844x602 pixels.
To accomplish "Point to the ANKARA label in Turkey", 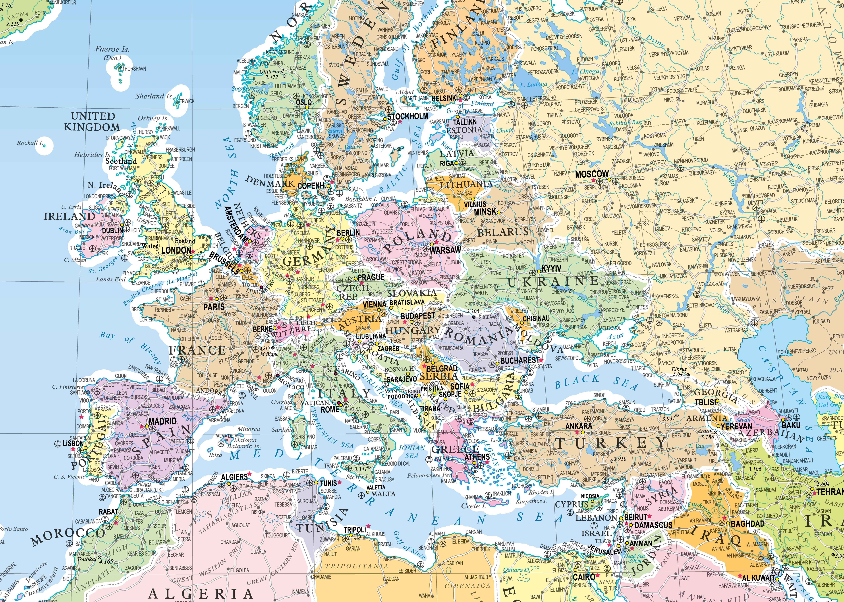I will click(x=579, y=426).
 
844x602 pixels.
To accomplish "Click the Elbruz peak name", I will click(x=679, y=369).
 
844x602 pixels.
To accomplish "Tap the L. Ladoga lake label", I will click(x=533, y=85).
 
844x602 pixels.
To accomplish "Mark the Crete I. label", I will click(x=474, y=506).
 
